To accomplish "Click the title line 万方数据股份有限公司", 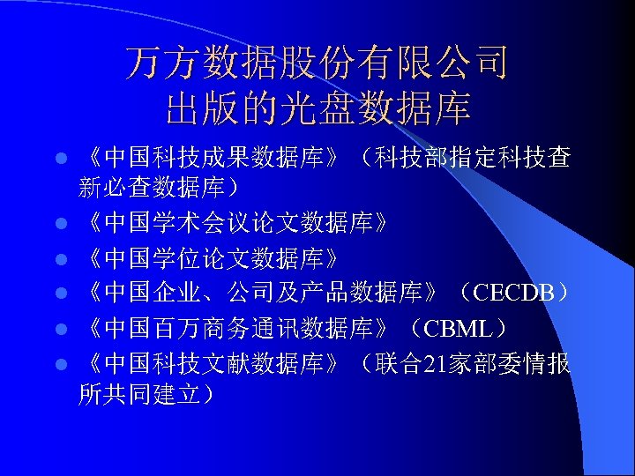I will [x=317, y=63].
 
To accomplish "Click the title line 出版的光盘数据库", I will [x=317, y=109].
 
